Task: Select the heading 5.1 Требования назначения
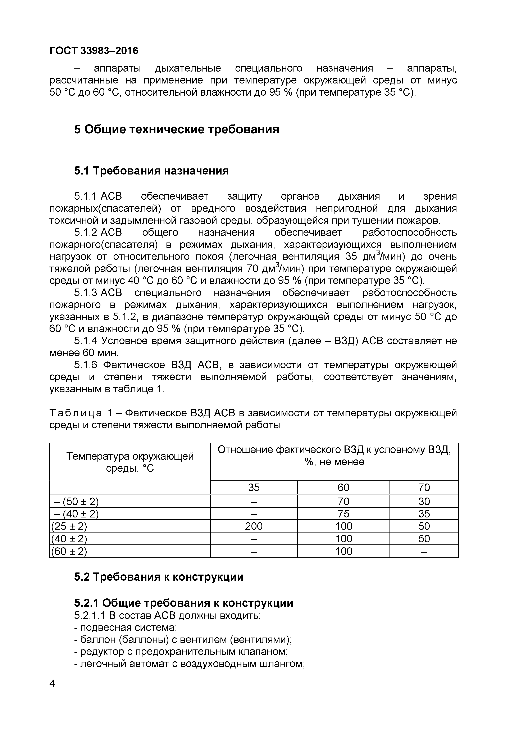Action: tap(151, 171)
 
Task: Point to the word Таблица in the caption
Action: tap(76, 413)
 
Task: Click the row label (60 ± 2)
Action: tap(69, 551)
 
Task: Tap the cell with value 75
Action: tap(343, 514)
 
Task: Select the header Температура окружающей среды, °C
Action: tap(130, 462)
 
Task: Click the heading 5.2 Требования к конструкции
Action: tap(159, 577)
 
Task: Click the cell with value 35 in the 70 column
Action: tap(424, 514)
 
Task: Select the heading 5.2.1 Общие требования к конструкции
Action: tap(183, 603)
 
